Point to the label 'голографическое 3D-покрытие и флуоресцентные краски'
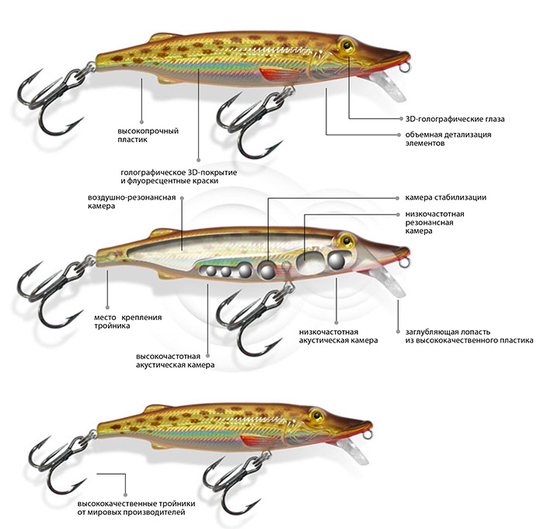[x=180, y=176]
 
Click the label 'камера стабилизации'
[x=445, y=197]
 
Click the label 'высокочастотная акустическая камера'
[x=174, y=360]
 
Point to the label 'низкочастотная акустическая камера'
[x=338, y=336]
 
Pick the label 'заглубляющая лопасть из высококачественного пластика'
[x=465, y=336]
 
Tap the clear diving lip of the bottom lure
[x=354, y=446]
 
